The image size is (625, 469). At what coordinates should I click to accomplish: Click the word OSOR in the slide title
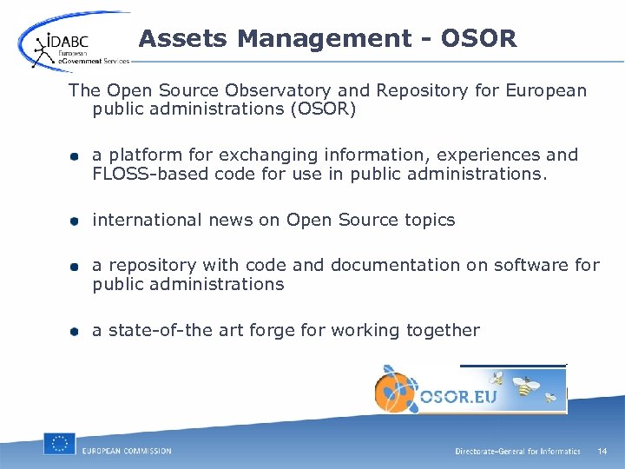478,39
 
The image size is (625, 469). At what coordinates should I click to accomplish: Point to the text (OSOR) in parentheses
314,110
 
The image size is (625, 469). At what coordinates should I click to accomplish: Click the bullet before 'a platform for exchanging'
76,156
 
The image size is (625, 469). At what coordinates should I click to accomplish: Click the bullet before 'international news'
76,221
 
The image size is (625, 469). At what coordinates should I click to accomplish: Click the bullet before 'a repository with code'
76,267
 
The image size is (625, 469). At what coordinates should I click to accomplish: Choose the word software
530,265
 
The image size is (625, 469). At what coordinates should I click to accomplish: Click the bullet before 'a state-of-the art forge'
76,331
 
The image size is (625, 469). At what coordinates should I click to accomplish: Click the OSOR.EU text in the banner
457,396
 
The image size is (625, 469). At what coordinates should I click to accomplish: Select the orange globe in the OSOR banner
396,389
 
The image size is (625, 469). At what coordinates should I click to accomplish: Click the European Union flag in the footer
59,444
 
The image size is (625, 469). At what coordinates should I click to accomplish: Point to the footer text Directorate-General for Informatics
517,452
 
